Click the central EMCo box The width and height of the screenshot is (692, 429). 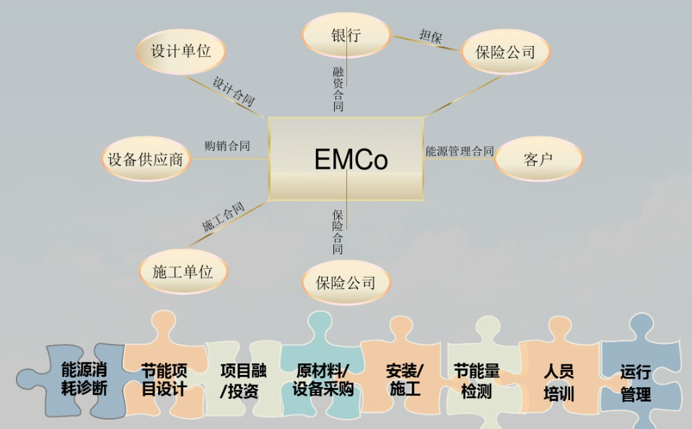click(346, 159)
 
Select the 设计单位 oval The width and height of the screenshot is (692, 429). click(180, 51)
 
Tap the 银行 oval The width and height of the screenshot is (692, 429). click(346, 35)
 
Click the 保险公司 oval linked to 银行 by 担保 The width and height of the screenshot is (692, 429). click(505, 51)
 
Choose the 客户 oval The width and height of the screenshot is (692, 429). click(538, 159)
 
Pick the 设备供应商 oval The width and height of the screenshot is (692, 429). click(145, 159)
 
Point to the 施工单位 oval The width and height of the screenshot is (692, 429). click(183, 272)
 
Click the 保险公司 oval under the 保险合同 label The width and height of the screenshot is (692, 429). click(346, 282)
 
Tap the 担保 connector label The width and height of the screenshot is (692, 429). click(431, 36)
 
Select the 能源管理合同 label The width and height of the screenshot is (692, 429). click(460, 151)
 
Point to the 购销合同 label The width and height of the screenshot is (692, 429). click(227, 146)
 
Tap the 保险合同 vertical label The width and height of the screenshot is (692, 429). click(338, 231)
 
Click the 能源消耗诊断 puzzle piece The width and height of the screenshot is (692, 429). click(84, 380)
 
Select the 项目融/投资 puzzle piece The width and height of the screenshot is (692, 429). click(243, 381)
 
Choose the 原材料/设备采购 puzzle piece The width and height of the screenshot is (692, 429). click(323, 380)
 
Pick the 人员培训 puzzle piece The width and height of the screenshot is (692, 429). click(558, 382)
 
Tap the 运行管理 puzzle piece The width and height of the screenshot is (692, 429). click(635, 383)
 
